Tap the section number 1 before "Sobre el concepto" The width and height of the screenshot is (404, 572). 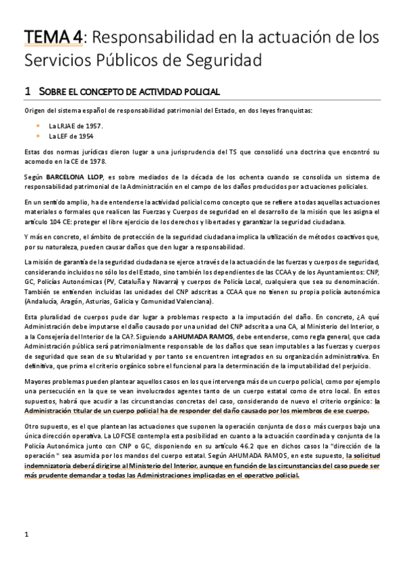tap(27, 90)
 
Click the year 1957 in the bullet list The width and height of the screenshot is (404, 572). tap(94, 126)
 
